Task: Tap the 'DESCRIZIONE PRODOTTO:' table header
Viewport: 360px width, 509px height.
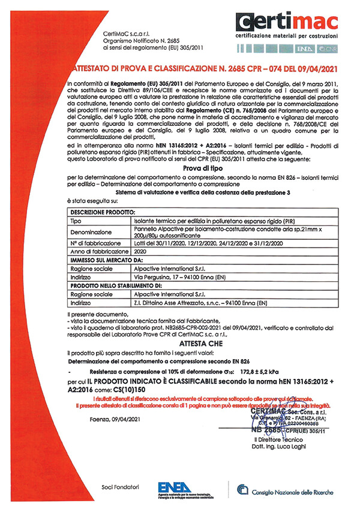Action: (x=103, y=213)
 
